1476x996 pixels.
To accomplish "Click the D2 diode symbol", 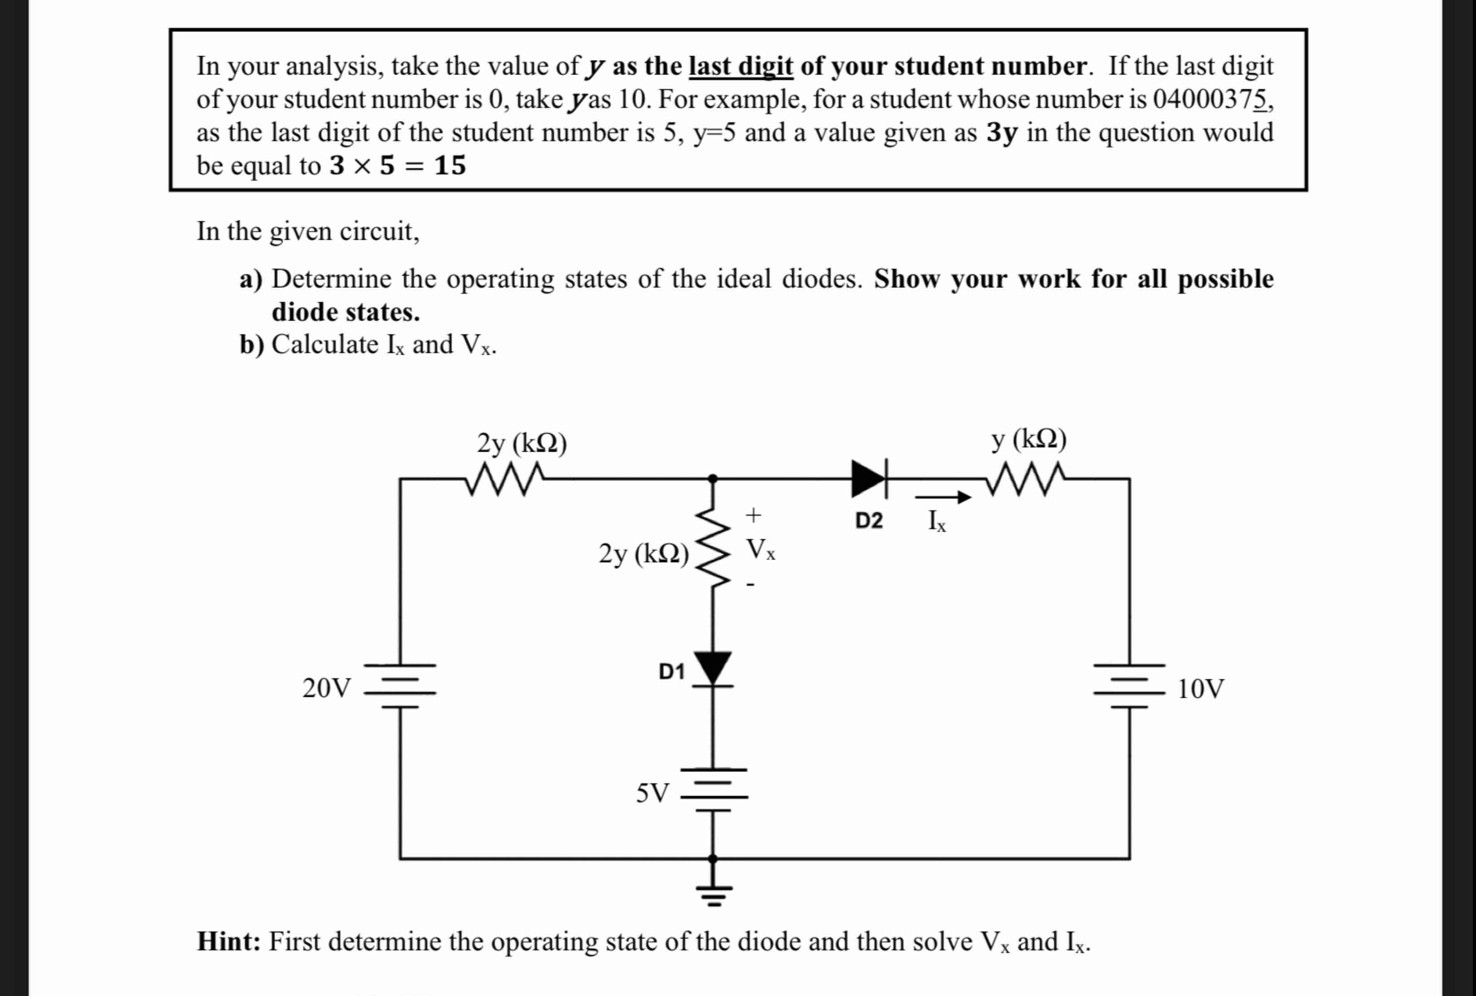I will (869, 478).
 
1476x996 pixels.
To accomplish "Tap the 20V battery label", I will (326, 688).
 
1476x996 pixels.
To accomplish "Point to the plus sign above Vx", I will (753, 515).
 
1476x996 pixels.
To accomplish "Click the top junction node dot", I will (713, 478).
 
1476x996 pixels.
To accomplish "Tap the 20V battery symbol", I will (400, 686).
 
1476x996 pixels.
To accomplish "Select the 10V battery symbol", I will (1129, 686).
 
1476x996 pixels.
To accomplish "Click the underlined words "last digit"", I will (740, 66).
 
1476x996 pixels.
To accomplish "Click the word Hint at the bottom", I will (229, 941).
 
